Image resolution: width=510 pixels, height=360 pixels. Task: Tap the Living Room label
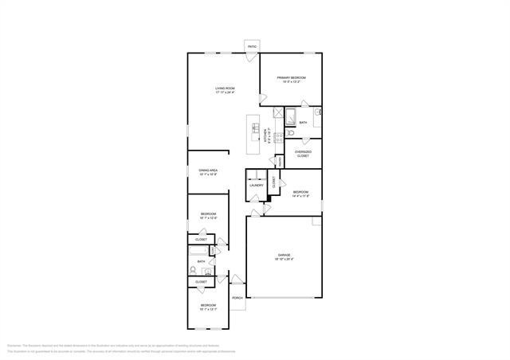(x=225, y=90)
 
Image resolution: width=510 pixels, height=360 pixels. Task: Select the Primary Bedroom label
(x=292, y=79)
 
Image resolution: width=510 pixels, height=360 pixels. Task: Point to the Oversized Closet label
(x=303, y=154)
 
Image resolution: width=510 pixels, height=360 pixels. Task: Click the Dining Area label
(x=208, y=171)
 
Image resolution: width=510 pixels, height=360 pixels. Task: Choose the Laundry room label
(x=256, y=186)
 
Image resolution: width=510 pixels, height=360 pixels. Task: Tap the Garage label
(x=285, y=256)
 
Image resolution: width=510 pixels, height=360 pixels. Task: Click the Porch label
(x=237, y=298)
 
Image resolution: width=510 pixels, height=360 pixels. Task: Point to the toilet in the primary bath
(x=291, y=133)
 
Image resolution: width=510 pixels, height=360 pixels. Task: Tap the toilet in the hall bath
(x=194, y=270)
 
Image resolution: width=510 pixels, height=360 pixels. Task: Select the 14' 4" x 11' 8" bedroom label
(x=300, y=193)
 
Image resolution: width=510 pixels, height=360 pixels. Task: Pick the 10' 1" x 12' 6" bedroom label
(x=208, y=215)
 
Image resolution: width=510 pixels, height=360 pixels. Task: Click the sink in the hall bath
(x=208, y=271)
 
